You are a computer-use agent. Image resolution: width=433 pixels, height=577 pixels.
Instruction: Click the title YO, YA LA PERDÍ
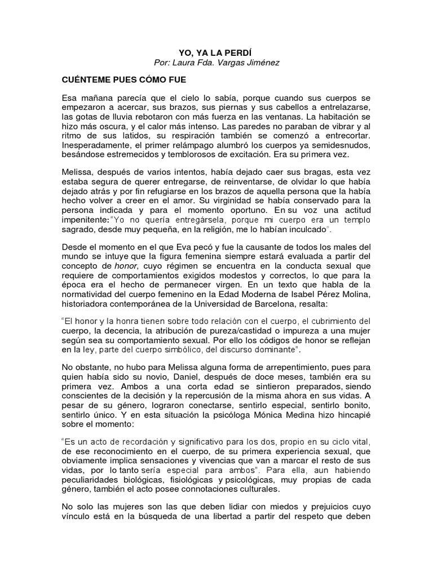(x=216, y=51)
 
